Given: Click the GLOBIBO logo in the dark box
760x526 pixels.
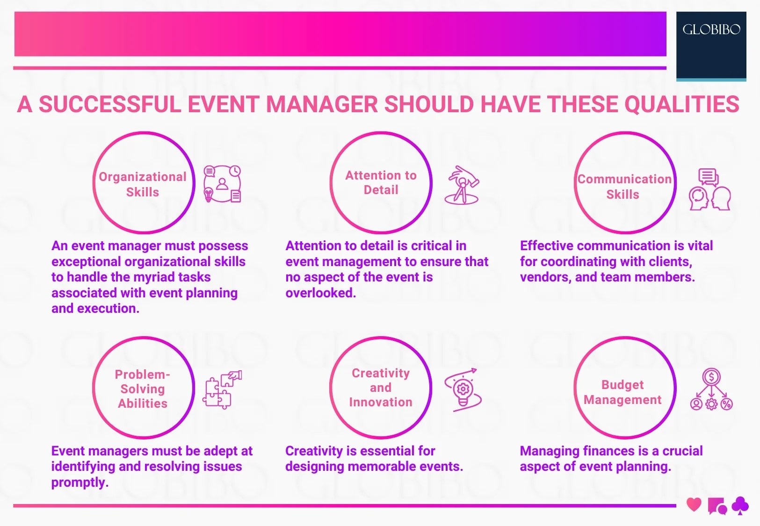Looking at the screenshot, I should pyautogui.click(x=711, y=30).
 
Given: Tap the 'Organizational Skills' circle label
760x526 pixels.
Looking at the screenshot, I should pyautogui.click(x=143, y=184).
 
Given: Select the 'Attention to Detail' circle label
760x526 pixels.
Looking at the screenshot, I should pyautogui.click(x=381, y=182).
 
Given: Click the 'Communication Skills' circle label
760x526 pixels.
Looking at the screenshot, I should pyautogui.click(x=624, y=187).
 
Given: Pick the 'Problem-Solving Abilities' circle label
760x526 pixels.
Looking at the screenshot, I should pyautogui.click(x=143, y=389).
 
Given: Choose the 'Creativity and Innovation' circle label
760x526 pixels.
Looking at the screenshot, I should pyautogui.click(x=381, y=388).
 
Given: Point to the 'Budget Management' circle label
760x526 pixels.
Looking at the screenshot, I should pyautogui.click(x=622, y=392).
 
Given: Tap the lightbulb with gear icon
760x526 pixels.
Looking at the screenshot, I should pyautogui.click(x=463, y=390).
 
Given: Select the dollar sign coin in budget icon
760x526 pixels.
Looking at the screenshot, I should pyautogui.click(x=711, y=377).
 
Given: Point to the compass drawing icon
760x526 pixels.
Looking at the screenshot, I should pyautogui.click(x=462, y=186).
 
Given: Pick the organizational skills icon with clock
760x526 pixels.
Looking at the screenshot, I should pyautogui.click(x=223, y=184).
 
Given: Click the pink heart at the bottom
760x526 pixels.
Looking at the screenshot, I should pyautogui.click(x=694, y=504).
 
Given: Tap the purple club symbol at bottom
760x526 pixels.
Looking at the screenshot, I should pyautogui.click(x=740, y=505).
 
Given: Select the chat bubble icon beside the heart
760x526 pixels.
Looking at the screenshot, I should pyautogui.click(x=717, y=506).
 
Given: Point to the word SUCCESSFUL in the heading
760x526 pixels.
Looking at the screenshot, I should pyautogui.click(x=110, y=104).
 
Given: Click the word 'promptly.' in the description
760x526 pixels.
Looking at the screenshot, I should pyautogui.click(x=80, y=483).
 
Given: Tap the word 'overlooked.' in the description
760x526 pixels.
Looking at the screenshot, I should pyautogui.click(x=321, y=293).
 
